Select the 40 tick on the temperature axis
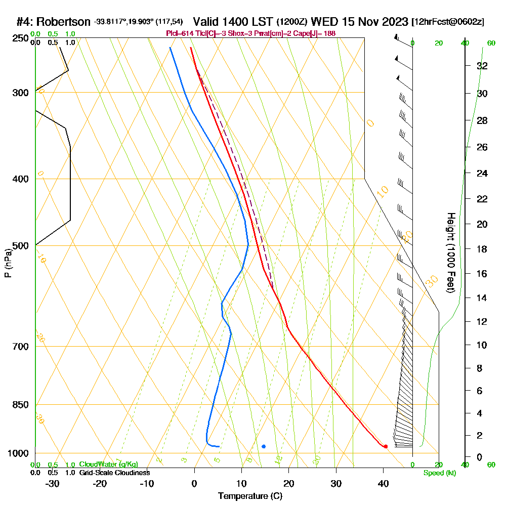(383, 484)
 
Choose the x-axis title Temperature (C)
(250, 496)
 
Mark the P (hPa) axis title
(8, 263)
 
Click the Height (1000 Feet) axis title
(450, 252)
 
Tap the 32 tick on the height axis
(482, 66)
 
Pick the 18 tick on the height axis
(482, 249)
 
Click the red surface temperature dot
(386, 446)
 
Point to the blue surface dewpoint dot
(264, 446)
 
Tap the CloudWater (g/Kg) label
(108, 465)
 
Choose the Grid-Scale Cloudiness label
(114, 473)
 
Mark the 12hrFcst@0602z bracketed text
(448, 22)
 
